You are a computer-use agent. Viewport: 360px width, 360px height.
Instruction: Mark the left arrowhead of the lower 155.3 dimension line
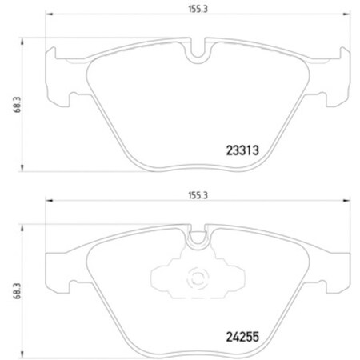48,202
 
